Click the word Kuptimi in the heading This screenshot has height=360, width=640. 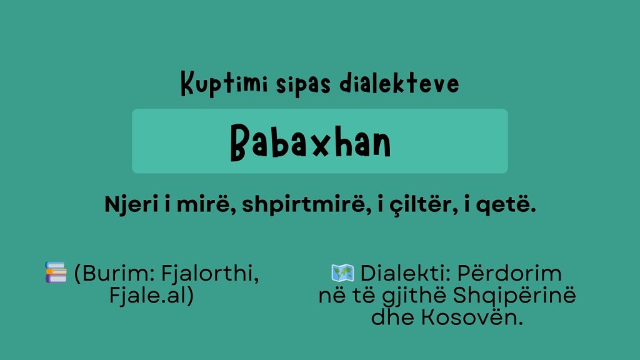(x=224, y=84)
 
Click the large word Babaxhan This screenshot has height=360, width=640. (x=311, y=142)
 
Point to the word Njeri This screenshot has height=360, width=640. (x=131, y=204)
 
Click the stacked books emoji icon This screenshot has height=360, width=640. (x=56, y=272)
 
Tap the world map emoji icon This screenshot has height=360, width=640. (x=343, y=272)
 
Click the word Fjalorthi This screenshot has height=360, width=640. (x=210, y=273)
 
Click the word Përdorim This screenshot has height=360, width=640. (x=509, y=272)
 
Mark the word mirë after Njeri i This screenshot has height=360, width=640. (x=203, y=204)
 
